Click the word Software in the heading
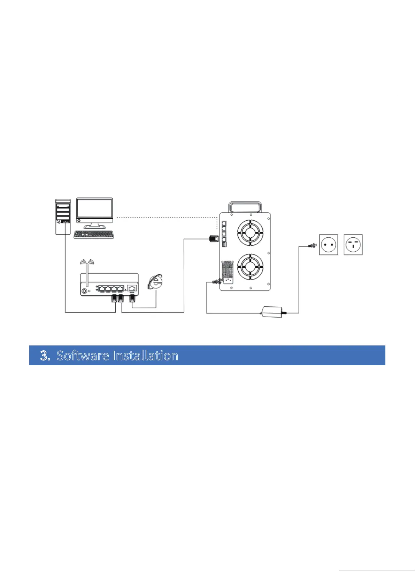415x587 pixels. click(83, 356)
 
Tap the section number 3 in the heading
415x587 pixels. click(45, 356)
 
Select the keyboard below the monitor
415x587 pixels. click(94, 235)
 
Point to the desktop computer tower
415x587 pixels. click(63, 216)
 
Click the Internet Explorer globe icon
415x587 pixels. click(155, 282)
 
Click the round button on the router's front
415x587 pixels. click(84, 291)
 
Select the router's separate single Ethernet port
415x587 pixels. click(132, 288)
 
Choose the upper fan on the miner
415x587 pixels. click(250, 232)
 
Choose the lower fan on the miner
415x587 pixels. click(250, 267)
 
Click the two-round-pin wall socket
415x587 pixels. click(329, 245)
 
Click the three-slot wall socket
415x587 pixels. click(353, 245)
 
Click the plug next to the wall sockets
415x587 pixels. click(312, 246)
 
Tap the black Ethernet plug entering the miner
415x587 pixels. click(213, 239)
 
